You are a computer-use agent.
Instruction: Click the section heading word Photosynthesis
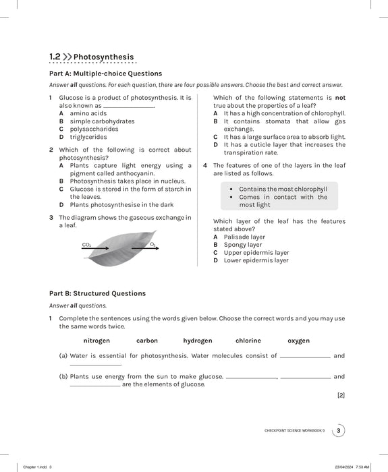tap(103, 57)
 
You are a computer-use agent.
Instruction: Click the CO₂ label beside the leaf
tap(86, 244)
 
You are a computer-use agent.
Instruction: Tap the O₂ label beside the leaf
tap(153, 244)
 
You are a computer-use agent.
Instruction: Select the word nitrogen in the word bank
tap(96, 341)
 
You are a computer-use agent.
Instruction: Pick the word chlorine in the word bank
tap(248, 341)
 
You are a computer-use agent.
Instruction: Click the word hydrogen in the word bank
tap(197, 341)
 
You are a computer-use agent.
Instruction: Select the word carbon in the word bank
tap(146, 341)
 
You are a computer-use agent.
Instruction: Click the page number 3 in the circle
tap(339, 431)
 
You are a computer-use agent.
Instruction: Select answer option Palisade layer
tap(244, 237)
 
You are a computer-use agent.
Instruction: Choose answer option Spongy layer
tap(242, 245)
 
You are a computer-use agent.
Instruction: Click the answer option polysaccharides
tap(94, 129)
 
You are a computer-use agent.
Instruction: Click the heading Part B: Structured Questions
tap(97, 293)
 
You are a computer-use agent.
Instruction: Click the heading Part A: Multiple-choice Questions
tap(105, 73)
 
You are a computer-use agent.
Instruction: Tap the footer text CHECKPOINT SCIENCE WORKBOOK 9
tap(294, 431)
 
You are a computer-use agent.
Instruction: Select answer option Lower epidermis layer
tap(256, 260)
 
